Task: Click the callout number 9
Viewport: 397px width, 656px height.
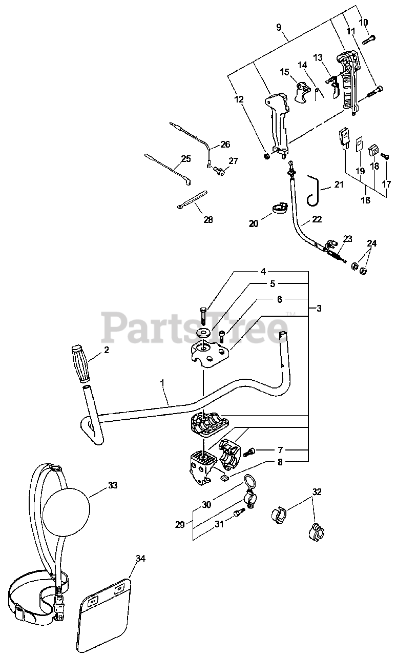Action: [x=279, y=27]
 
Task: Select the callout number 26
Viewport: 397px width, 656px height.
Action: [x=225, y=145]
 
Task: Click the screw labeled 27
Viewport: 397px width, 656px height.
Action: [x=218, y=171]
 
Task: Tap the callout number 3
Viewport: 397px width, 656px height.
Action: [x=319, y=308]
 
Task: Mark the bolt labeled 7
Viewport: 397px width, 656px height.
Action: [x=250, y=452]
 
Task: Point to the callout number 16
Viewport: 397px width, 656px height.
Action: [x=366, y=200]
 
